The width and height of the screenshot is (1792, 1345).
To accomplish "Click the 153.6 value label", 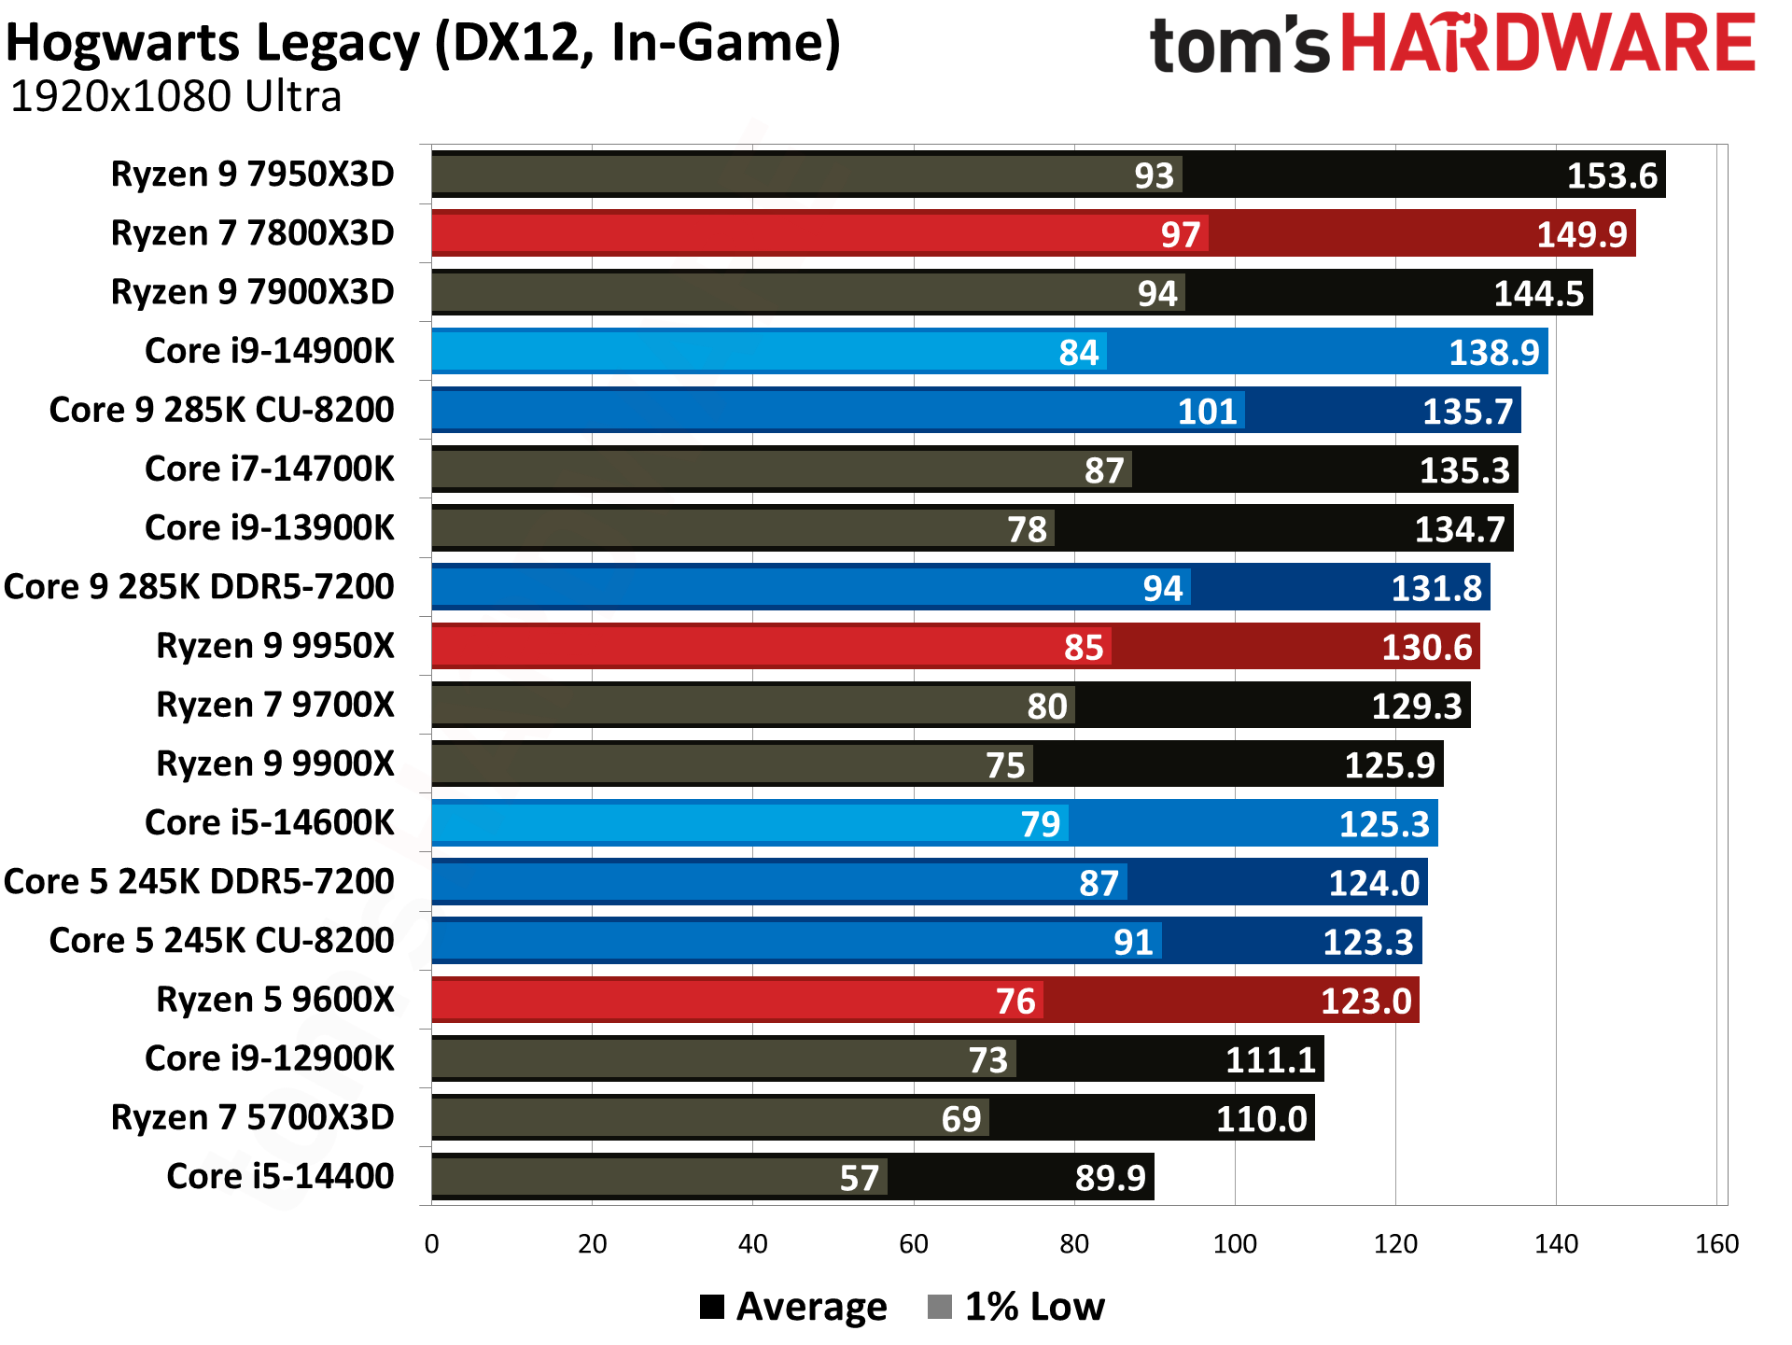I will [x=1611, y=175].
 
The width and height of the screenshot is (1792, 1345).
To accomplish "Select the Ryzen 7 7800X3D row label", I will [x=252, y=233].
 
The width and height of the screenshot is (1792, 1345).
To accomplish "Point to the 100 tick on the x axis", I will [x=1234, y=1243].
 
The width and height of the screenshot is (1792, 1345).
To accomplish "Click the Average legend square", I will [x=712, y=1307].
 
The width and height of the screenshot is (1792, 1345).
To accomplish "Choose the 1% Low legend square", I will [x=940, y=1307].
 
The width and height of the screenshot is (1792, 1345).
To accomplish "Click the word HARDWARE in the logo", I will [x=1547, y=43].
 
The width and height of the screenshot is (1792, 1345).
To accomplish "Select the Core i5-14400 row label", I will [x=280, y=1176].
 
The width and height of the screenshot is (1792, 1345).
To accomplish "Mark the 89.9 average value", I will [x=1110, y=1178].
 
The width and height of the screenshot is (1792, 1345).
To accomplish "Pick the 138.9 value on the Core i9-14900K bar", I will [x=1493, y=353].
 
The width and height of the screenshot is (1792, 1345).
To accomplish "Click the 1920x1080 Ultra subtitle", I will [x=175, y=97].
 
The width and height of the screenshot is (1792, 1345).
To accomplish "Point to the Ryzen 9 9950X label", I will [x=275, y=646].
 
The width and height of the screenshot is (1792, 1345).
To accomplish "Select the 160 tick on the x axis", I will [x=1716, y=1243].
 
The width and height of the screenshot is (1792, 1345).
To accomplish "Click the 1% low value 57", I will [x=859, y=1178].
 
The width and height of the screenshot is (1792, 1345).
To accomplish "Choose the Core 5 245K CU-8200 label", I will [x=221, y=941].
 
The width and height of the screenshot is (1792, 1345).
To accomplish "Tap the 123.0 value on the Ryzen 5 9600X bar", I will [x=1365, y=1002].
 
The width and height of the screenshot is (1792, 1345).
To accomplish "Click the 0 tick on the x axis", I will [x=431, y=1243].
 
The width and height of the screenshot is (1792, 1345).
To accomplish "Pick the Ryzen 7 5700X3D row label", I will [x=252, y=1117].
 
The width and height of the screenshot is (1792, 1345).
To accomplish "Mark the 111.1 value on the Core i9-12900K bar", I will [x=1269, y=1060].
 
